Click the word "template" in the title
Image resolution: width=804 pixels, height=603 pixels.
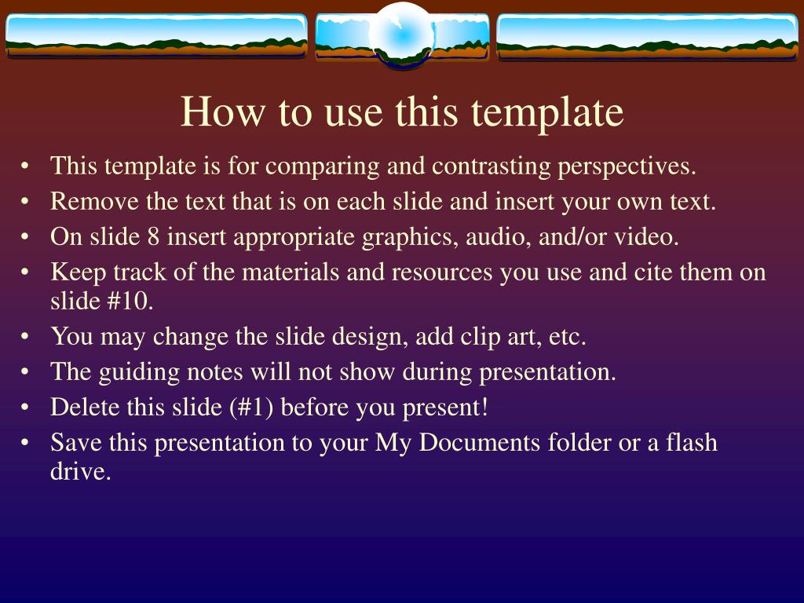coord(547,112)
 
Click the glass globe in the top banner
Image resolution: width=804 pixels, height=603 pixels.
coord(403,35)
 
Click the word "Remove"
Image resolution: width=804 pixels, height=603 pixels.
coord(94,201)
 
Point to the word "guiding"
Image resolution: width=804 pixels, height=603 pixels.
coord(139,373)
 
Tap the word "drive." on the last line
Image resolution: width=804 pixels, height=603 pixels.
coord(81,471)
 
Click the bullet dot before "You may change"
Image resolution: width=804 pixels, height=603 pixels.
coord(24,337)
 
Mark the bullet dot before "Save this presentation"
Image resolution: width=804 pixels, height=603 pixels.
coord(24,443)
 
